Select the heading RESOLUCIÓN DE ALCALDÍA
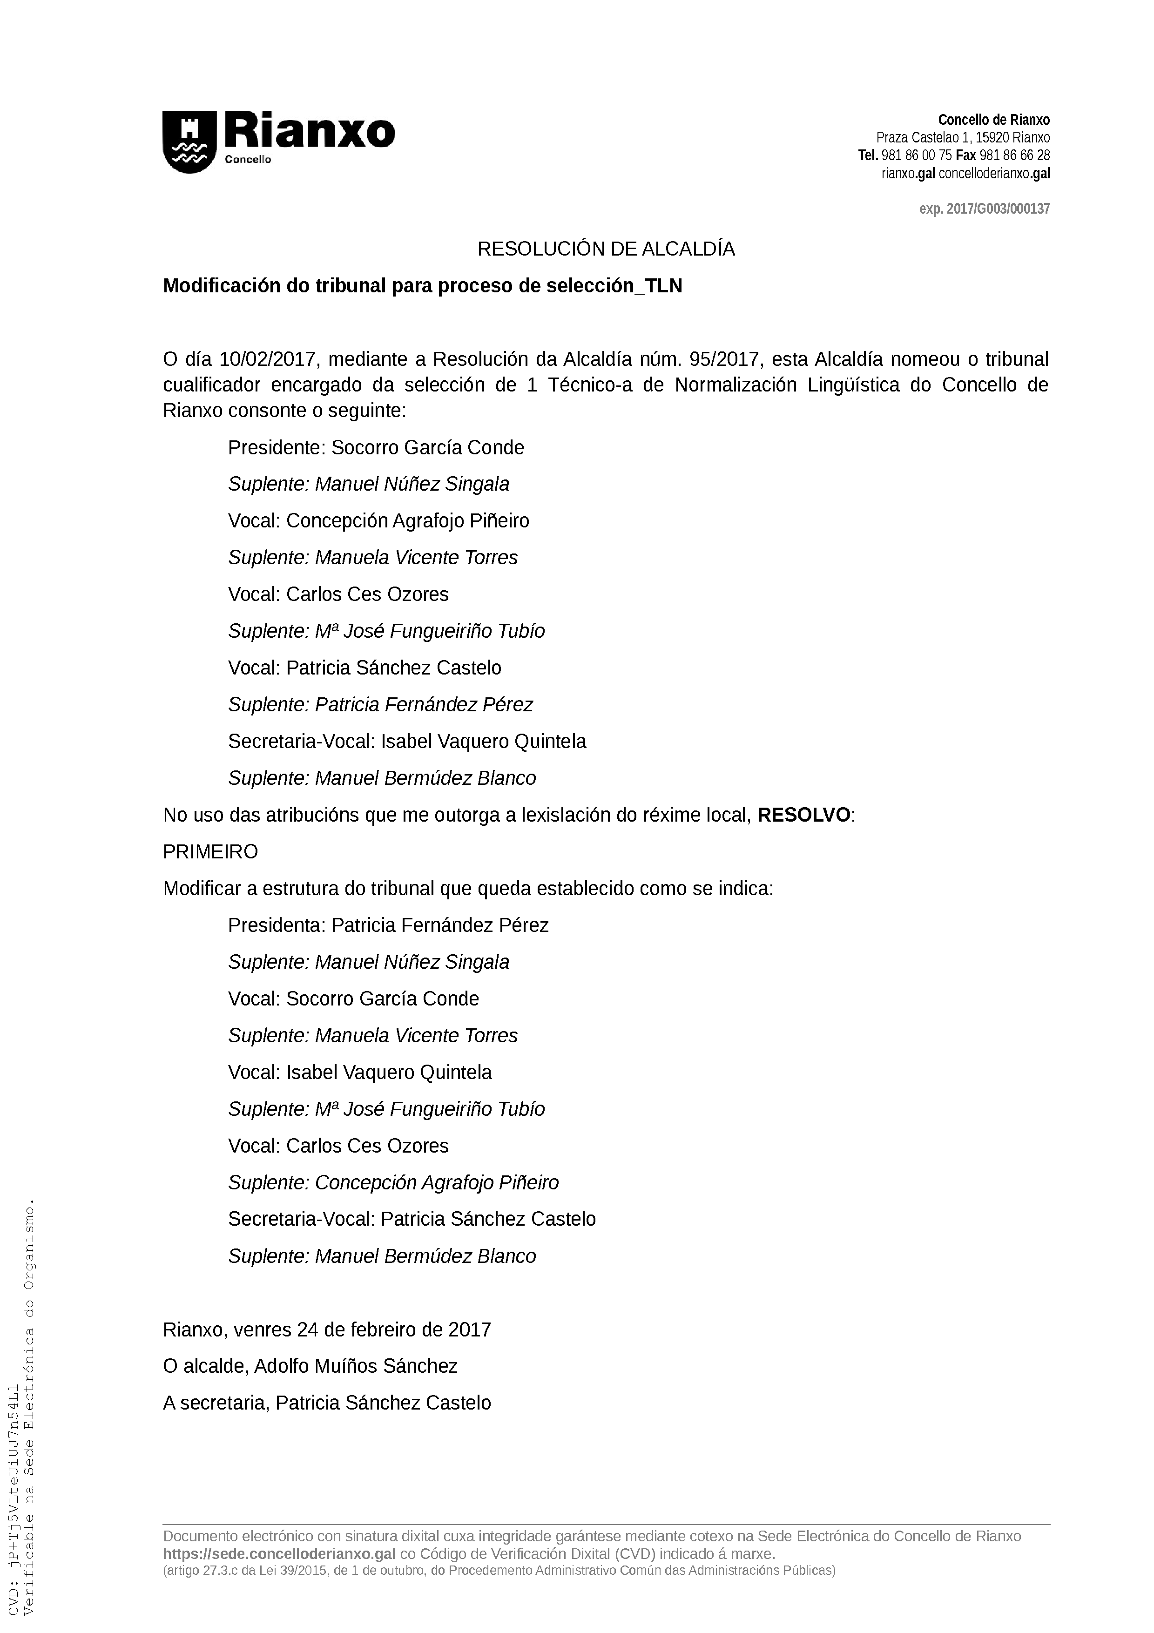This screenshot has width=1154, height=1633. pos(606,250)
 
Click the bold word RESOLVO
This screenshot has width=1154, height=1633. pos(803,815)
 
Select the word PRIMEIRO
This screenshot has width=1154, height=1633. pos(210,852)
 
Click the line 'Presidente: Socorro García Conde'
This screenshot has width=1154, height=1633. pos(376,448)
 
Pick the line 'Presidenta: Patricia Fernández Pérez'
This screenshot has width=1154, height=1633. pos(388,926)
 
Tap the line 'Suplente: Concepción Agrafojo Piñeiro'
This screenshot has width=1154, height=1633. pos(393,1183)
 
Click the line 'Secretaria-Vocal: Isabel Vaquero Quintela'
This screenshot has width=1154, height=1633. pos(407,742)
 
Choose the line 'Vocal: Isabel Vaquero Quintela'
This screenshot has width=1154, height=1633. pos(360,1073)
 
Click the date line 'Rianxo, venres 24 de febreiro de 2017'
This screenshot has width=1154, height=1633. pos(327,1330)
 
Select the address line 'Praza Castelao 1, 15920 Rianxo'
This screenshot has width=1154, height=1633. pos(963,138)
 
